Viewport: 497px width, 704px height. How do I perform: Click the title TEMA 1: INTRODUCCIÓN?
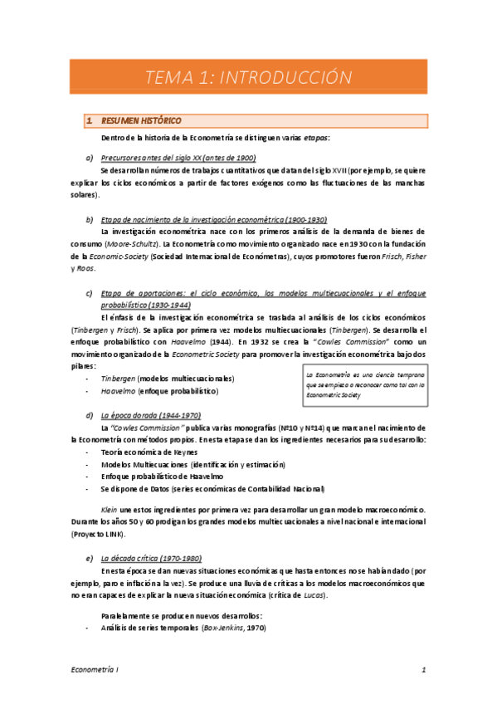pos(248,78)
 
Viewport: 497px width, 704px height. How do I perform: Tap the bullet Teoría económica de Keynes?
pos(153,452)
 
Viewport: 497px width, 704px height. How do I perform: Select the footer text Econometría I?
pos(92,670)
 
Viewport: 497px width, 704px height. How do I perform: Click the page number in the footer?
pos(423,670)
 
